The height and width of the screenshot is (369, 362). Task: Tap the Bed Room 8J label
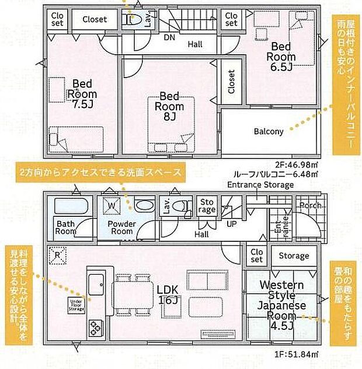click(169, 106)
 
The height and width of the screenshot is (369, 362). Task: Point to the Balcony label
click(269, 131)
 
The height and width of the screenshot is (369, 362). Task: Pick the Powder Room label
click(121, 227)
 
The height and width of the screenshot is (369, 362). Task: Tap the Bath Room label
click(65, 227)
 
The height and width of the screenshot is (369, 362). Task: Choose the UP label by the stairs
click(231, 224)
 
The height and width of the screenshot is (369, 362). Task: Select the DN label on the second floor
click(169, 37)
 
